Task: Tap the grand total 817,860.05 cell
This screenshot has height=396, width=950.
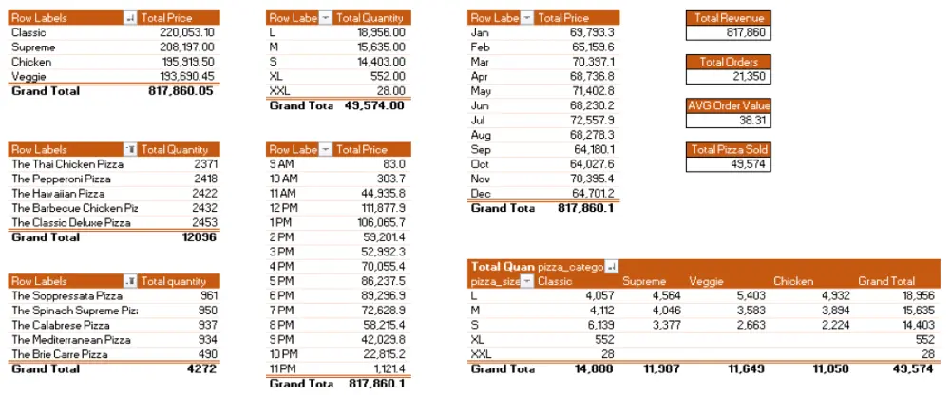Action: (x=181, y=91)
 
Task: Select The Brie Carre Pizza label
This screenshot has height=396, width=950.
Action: (x=58, y=354)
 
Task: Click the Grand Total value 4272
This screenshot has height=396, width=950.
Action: (x=200, y=369)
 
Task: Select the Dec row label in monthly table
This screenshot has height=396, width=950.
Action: (x=481, y=193)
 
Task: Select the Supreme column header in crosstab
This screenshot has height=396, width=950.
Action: (x=643, y=281)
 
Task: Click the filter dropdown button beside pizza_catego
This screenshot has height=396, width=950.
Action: (x=611, y=267)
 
